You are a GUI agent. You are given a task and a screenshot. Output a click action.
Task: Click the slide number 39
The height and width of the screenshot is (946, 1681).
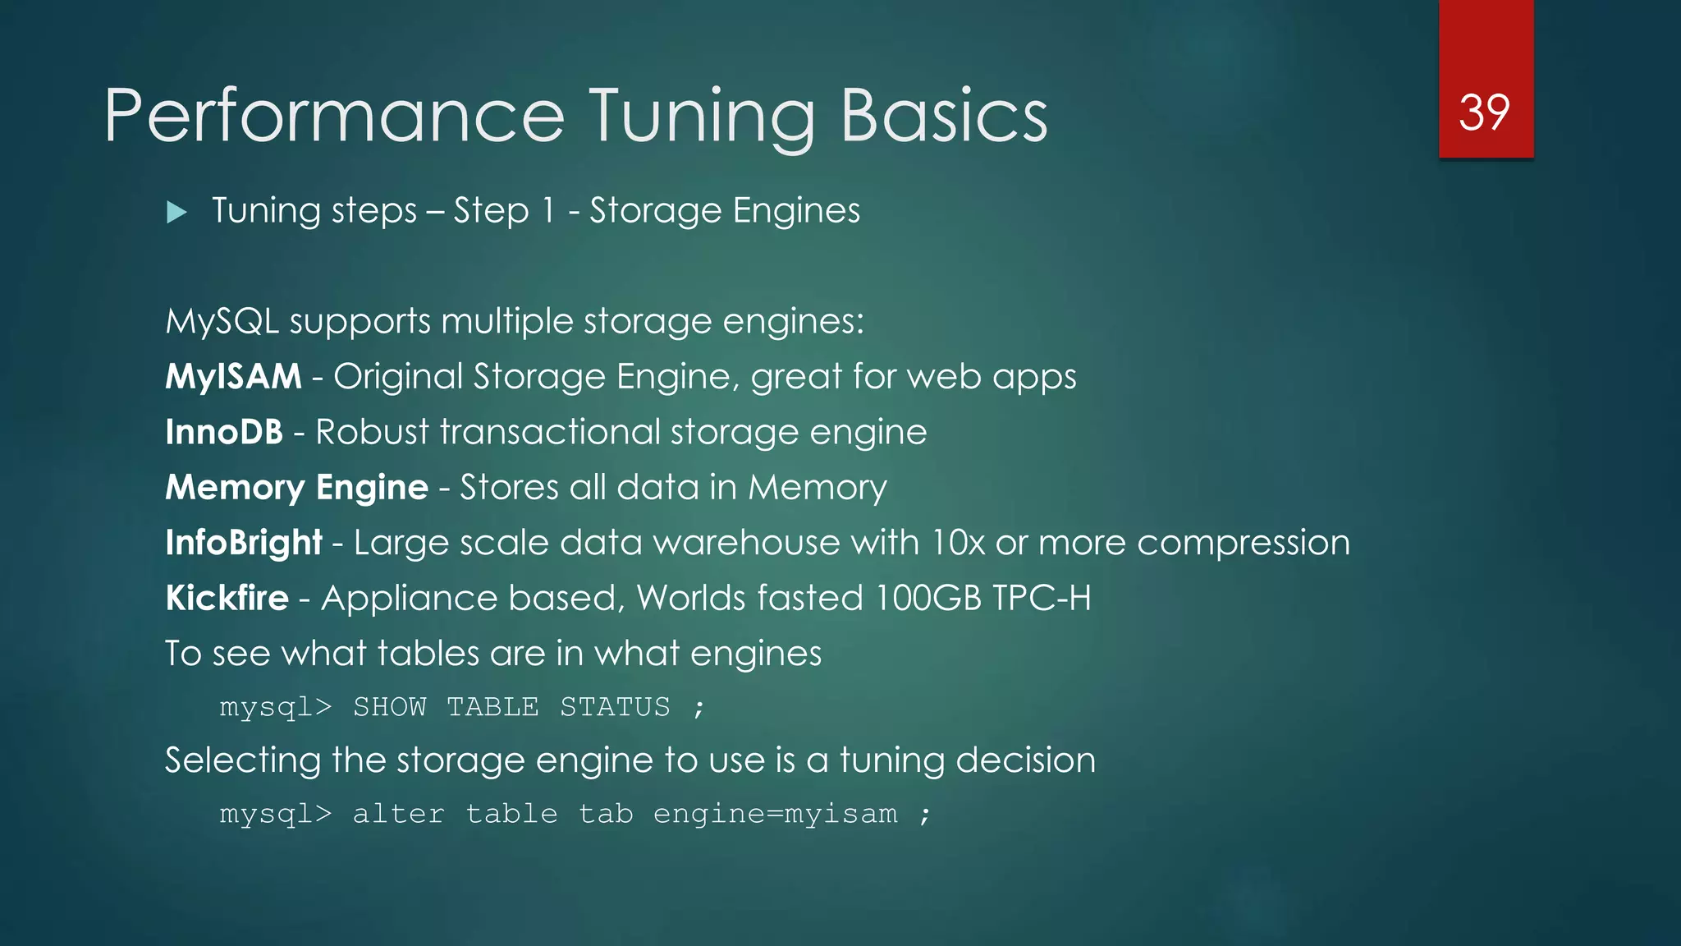point(1484,113)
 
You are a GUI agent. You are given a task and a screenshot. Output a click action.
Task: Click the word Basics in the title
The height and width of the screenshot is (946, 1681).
point(944,116)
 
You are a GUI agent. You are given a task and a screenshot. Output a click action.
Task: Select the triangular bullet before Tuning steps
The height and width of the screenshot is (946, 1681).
point(176,213)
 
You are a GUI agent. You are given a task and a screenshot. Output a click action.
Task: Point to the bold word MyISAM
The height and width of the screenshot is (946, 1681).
point(234,377)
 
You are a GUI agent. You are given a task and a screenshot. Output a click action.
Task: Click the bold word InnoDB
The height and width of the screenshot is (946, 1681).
point(224,432)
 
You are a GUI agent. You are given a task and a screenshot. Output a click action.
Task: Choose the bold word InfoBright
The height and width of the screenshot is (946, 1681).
point(244,543)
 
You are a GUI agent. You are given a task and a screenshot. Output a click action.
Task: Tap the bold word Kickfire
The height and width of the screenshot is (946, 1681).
point(227,598)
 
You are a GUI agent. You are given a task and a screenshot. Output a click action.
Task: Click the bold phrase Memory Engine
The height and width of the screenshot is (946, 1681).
point(296,488)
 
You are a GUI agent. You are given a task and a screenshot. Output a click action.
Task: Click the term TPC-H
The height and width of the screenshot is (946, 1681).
point(1042,598)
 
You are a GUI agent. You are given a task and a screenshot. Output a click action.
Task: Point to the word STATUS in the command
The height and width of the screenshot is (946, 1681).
point(615,707)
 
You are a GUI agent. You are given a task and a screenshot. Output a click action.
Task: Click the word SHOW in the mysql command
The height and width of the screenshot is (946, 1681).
point(390,707)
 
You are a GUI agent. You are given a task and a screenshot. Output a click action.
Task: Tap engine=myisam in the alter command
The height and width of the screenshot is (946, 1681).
point(776,814)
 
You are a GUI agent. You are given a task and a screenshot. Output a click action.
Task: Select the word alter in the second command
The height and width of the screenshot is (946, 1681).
point(399,814)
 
